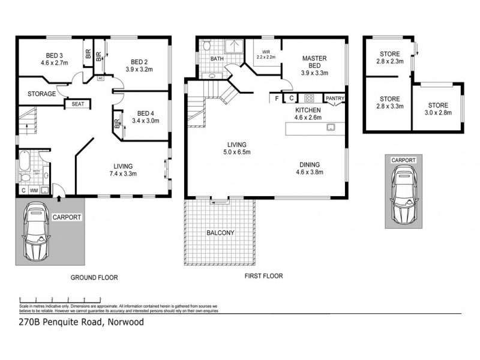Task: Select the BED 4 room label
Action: pos(146,113)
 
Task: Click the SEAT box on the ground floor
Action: pos(78,104)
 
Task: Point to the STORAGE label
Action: pos(42,94)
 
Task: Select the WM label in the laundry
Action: pos(34,191)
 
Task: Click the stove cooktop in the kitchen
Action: pos(310,98)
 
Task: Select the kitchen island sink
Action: pos(329,128)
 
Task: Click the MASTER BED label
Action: pos(314,62)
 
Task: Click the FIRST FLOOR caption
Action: pos(263,277)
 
